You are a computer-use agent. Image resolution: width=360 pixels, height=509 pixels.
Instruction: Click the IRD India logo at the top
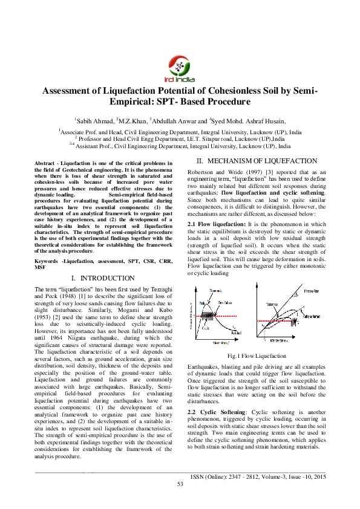[x=179, y=68]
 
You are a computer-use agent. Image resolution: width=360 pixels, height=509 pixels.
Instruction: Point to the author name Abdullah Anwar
[x=177, y=121]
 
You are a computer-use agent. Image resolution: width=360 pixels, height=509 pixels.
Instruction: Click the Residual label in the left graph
[x=237, y=333]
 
